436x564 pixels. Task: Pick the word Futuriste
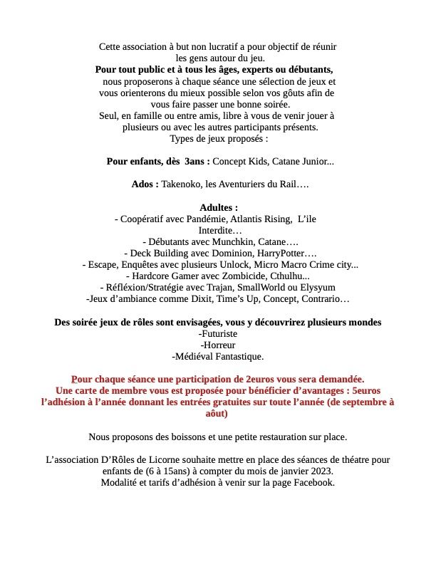click(x=219, y=333)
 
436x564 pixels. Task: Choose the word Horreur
click(x=219, y=345)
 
